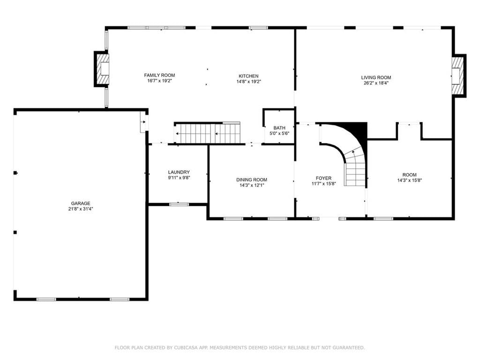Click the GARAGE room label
pos(81,203)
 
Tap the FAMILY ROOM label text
pos(159,75)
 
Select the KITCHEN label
pos(248,76)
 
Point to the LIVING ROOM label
pos(376,77)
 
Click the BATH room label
pos(279,128)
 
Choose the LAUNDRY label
pos(179,172)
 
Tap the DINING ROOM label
pos(252,180)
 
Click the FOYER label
pos(323,178)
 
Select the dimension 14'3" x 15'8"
pos(410,180)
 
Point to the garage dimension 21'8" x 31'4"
pos(81,209)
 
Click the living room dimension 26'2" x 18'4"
pos(376,83)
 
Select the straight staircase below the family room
pos(207,133)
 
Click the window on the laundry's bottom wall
pos(179,204)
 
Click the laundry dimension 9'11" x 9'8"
pos(179,178)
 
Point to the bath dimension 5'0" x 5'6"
pos(279,134)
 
